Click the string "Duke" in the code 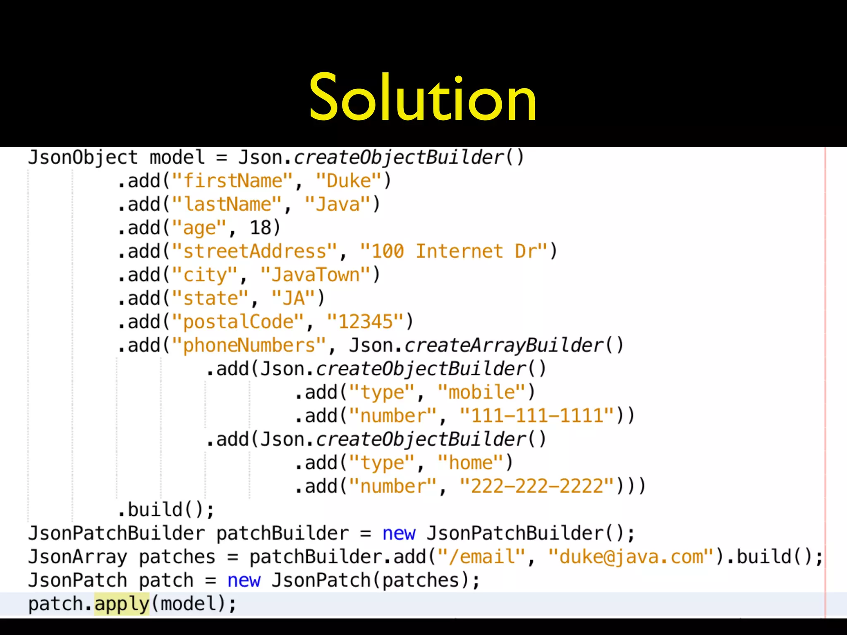click(348, 181)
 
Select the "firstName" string click(232, 181)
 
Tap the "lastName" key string click(227, 205)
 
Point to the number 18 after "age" click(261, 228)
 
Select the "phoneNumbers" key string click(249, 346)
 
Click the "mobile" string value click(481, 392)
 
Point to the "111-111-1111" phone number click(537, 416)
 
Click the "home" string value click(470, 463)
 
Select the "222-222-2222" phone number click(537, 486)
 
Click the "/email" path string click(481, 557)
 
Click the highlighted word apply click(122, 604)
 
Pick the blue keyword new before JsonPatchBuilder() click(399, 533)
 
